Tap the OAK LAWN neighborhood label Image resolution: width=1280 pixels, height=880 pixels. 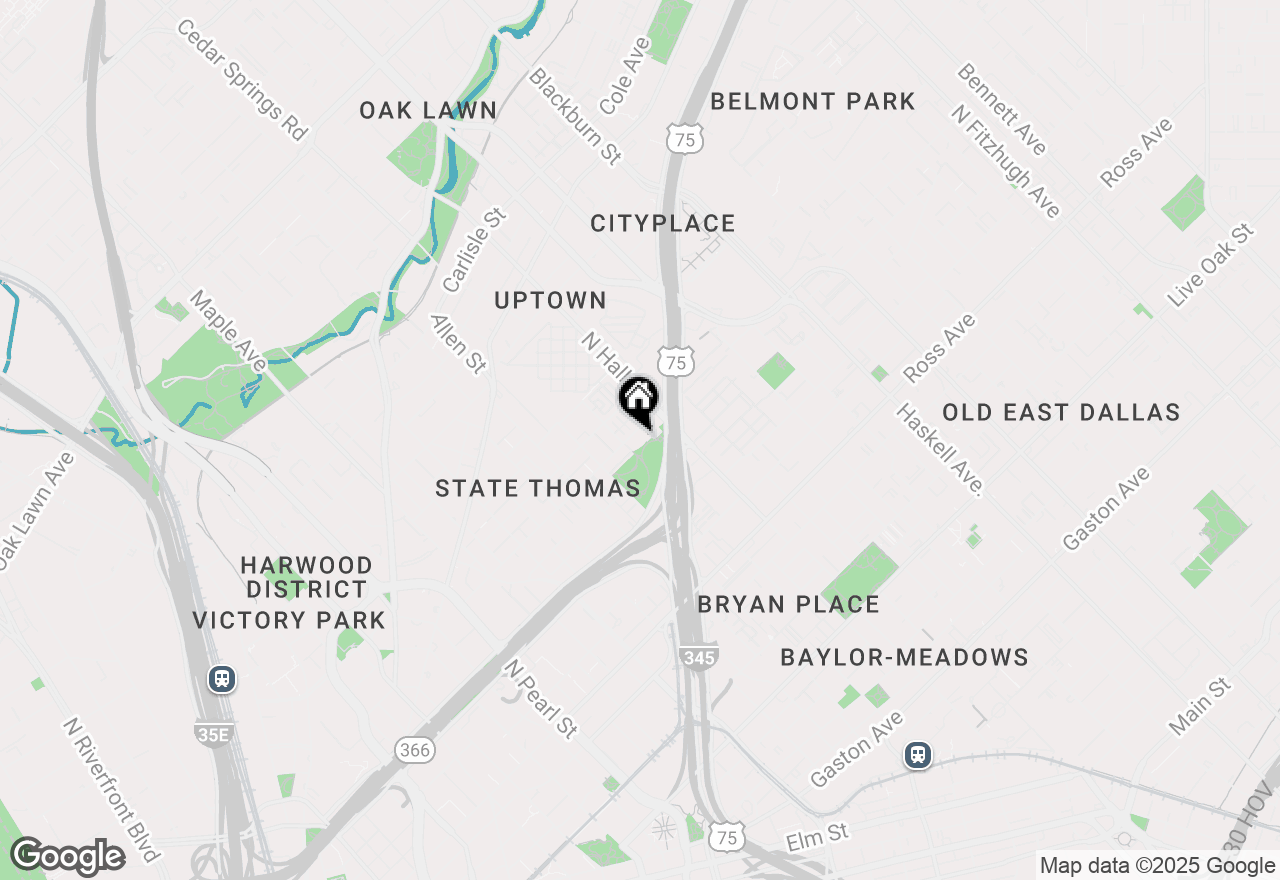click(428, 110)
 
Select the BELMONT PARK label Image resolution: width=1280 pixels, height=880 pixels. click(812, 101)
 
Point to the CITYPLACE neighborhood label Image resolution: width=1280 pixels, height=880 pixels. click(662, 223)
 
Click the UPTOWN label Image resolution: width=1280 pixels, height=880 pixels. click(550, 300)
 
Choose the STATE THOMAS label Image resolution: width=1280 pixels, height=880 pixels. click(537, 488)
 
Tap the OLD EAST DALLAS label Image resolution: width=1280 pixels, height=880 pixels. click(1060, 412)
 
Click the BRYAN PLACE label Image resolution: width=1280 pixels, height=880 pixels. click(788, 604)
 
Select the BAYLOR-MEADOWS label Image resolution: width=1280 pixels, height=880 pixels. click(904, 657)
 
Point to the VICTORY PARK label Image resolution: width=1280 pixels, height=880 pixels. click(288, 620)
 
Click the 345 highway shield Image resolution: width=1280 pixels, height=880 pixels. click(697, 657)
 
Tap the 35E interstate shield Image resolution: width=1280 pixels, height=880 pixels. click(214, 735)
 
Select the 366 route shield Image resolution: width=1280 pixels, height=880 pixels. click(413, 749)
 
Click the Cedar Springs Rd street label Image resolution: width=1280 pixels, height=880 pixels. click(241, 78)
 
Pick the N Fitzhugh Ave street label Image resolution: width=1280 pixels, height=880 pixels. click(1005, 161)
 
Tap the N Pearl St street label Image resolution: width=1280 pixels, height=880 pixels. click(541, 698)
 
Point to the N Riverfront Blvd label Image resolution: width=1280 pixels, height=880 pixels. click(111, 789)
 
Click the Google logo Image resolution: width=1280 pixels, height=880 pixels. click(67, 856)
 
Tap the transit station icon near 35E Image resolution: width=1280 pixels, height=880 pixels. click(222, 679)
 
